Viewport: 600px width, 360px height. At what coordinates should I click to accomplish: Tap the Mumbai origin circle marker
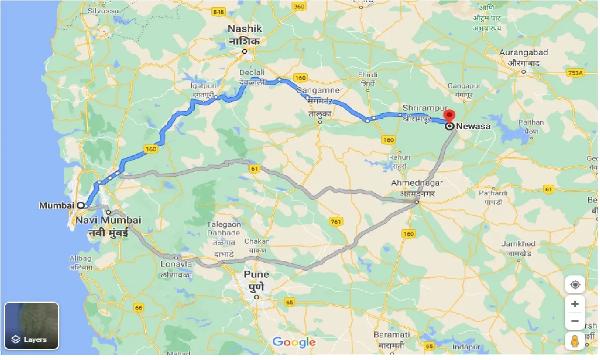pyautogui.click(x=81, y=205)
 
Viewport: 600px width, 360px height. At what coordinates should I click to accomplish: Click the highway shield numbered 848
pyautogui.click(x=218, y=12)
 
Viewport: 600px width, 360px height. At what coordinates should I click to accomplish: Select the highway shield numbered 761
pyautogui.click(x=336, y=221)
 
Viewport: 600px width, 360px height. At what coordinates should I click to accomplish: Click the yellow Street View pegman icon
pyautogui.click(x=575, y=341)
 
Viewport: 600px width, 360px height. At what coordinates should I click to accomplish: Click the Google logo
pyautogui.click(x=294, y=342)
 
